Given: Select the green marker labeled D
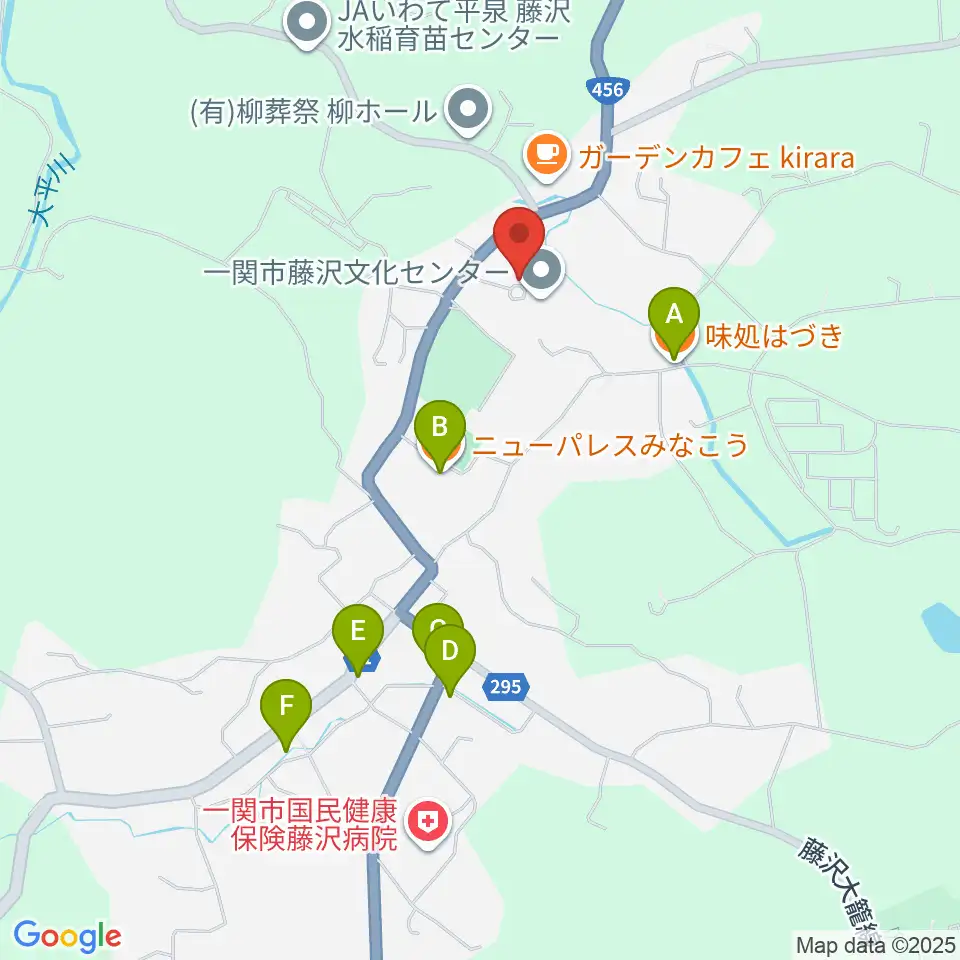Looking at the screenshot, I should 449,653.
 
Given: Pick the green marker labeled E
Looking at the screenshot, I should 358,633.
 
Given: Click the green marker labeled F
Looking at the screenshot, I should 287,707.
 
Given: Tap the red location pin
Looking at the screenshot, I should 520,237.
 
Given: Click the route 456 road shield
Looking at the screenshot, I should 607,89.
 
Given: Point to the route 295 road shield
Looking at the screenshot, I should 503,686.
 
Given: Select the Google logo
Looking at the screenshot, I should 67,937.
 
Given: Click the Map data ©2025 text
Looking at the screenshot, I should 876,944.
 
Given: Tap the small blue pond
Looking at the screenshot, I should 941,625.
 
